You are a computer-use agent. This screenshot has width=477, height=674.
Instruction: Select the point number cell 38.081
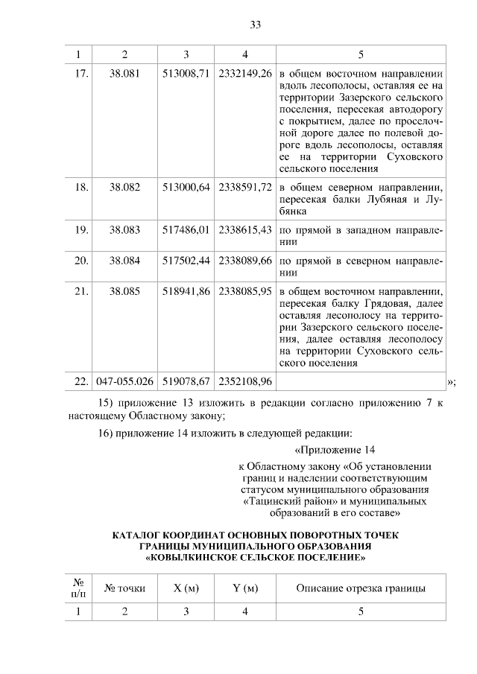click(x=124, y=74)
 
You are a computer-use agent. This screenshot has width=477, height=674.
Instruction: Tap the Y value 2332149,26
click(x=245, y=74)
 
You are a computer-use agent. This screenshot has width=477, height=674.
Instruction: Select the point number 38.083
click(x=124, y=229)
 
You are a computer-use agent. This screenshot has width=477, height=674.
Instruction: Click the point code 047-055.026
click(x=125, y=381)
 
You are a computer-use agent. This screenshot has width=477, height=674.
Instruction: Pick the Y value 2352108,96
click(x=245, y=381)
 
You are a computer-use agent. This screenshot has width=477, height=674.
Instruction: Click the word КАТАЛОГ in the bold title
click(x=138, y=535)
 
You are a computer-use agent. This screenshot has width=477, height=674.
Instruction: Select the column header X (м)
click(x=186, y=588)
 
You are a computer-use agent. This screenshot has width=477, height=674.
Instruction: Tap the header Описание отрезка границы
click(x=361, y=588)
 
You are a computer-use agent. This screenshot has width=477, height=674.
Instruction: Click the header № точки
click(x=124, y=588)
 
